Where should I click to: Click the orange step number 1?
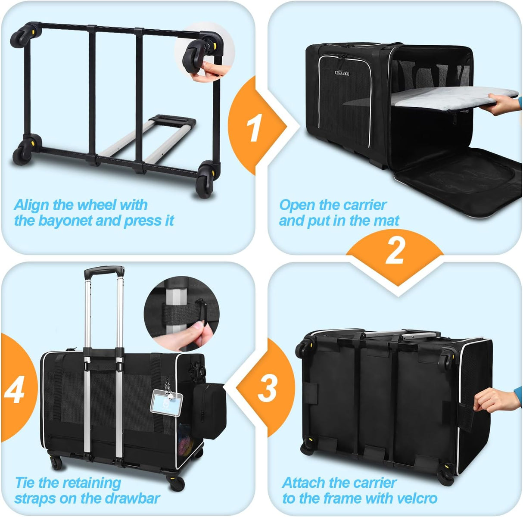click(255, 128)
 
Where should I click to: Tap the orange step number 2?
click(395, 251)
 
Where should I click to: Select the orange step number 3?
click(267, 388)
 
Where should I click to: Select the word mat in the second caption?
click(386, 221)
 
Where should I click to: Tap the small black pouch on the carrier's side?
click(209, 405)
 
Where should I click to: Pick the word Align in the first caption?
click(32, 205)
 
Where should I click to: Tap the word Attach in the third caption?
click(304, 483)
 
